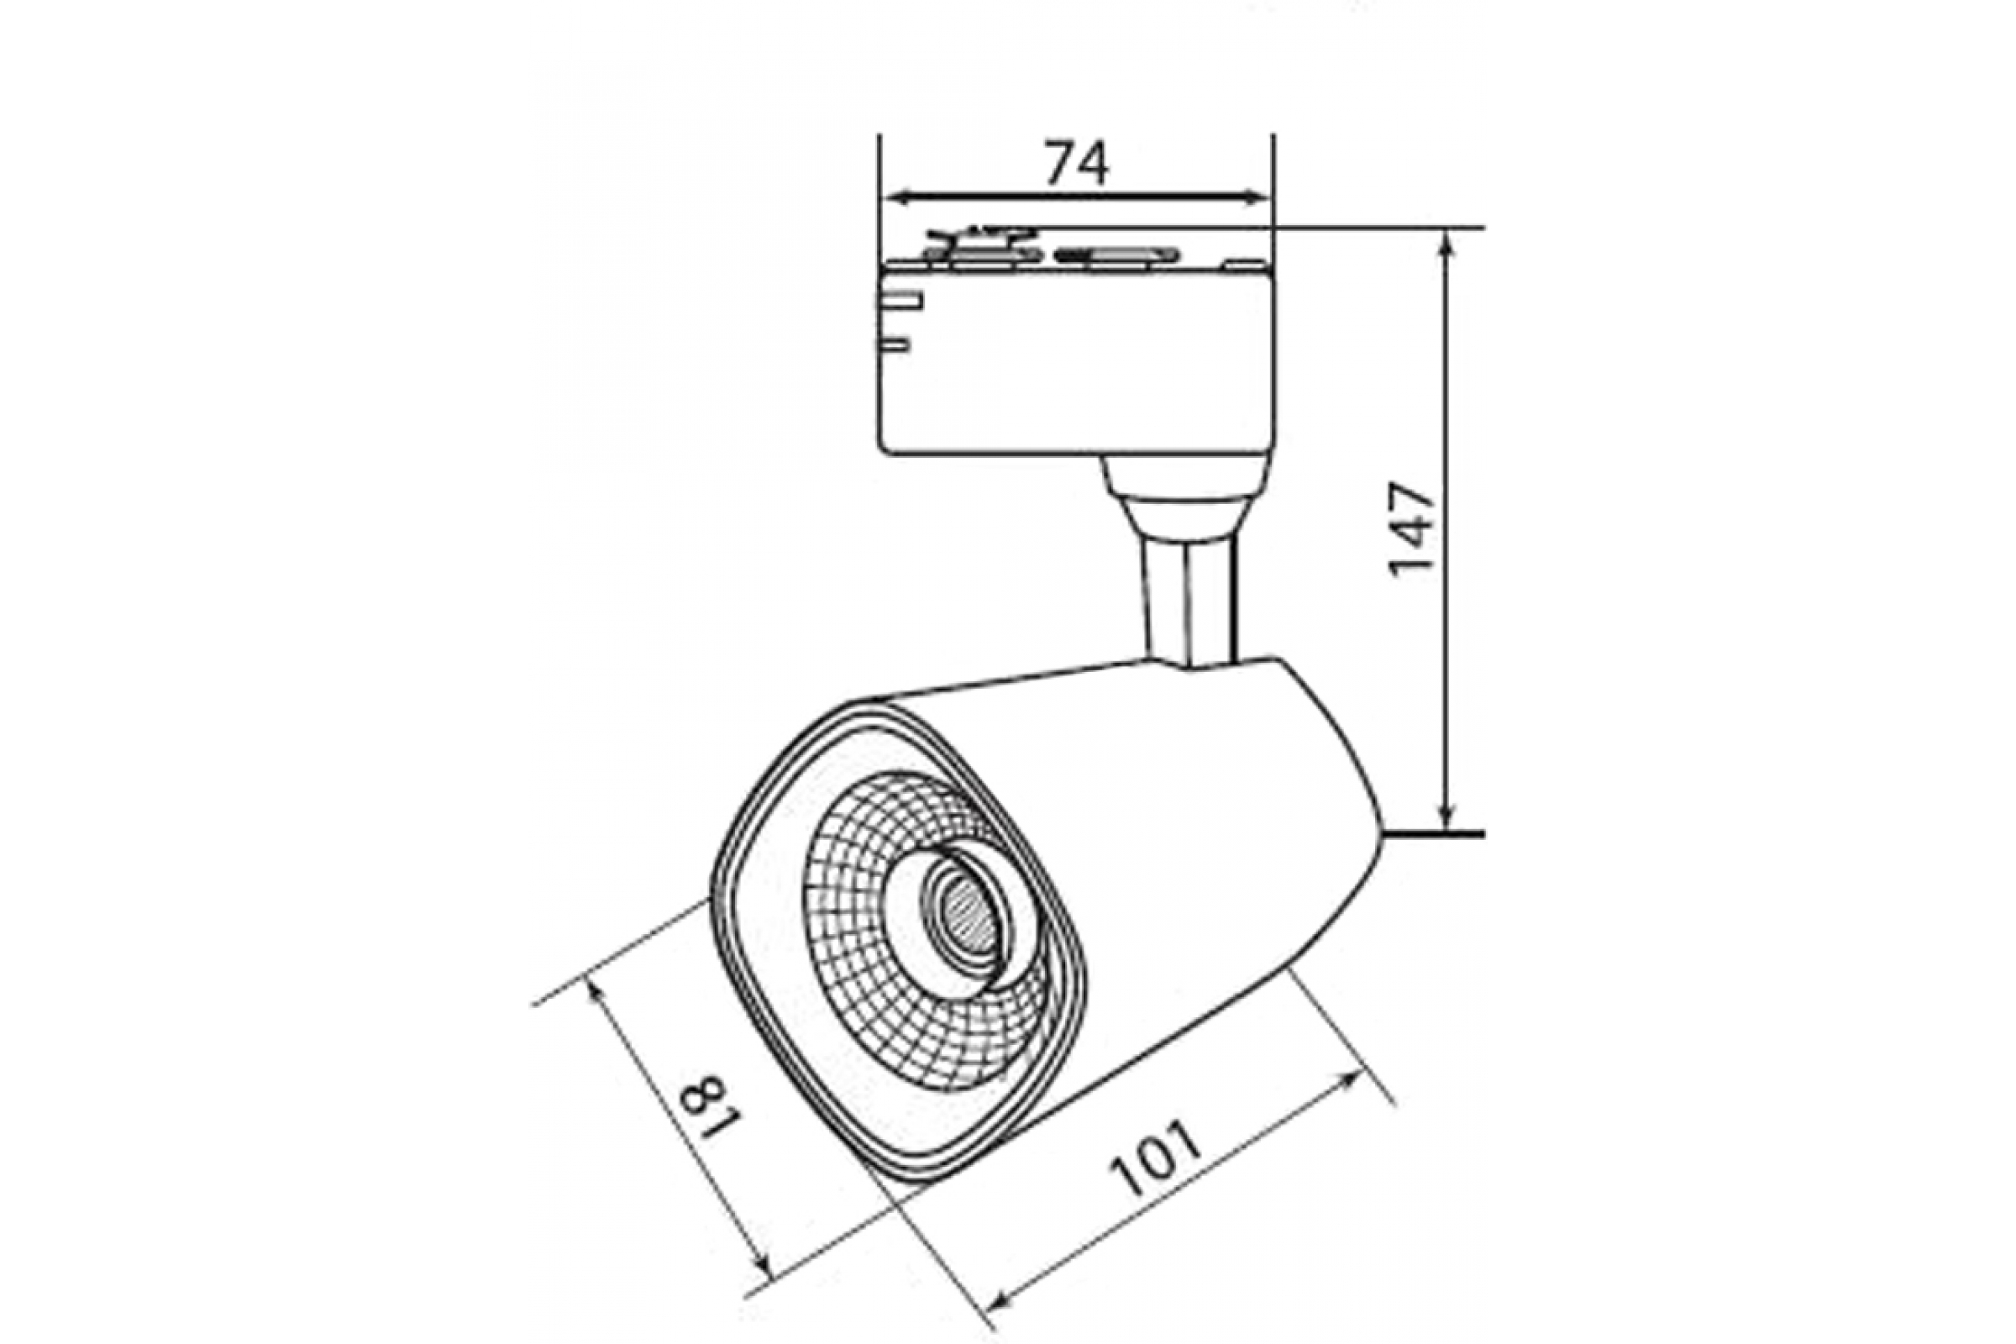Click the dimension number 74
1077,163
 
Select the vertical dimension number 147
1411,530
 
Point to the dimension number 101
1157,1158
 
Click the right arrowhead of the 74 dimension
1257,198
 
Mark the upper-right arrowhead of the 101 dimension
1349,1081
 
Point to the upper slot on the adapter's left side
900,301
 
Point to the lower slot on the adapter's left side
893,345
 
